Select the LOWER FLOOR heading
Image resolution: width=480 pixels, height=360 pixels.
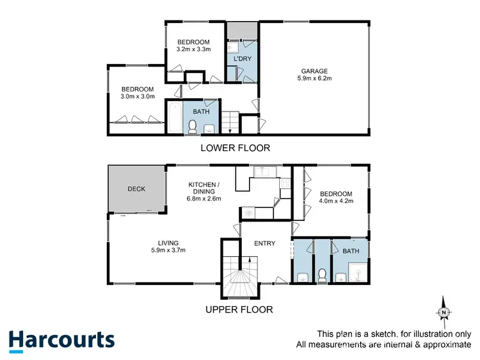[235, 148]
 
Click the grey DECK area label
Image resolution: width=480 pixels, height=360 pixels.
[136, 189]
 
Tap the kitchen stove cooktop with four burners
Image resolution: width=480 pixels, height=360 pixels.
[282, 186]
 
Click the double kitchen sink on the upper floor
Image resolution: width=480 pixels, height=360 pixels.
[262, 172]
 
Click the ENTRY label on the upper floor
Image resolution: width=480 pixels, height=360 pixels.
[264, 243]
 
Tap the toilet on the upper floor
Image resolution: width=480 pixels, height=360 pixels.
[323, 275]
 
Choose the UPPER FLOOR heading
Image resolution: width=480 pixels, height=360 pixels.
[239, 309]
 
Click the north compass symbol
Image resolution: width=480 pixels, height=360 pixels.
[443, 312]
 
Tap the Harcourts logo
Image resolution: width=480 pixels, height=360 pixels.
[61, 340]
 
